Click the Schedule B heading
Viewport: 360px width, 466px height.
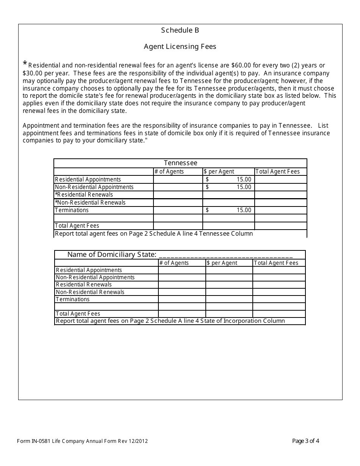click(180, 30)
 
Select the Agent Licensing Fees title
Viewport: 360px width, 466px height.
click(180, 47)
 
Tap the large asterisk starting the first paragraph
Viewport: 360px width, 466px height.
click(25, 64)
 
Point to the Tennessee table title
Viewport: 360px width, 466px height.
click(180, 163)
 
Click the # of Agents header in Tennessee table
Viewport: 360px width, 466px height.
click(169, 172)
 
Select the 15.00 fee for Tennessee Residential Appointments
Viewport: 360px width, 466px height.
click(244, 179)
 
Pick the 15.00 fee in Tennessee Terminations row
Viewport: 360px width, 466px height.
click(244, 210)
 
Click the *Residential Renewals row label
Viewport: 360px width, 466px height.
click(84, 195)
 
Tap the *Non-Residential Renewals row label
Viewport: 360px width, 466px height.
click(90, 203)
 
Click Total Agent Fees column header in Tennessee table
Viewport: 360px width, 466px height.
click(277, 172)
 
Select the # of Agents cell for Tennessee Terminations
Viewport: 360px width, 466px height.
click(178, 210)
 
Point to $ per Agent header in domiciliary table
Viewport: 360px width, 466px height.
click(222, 263)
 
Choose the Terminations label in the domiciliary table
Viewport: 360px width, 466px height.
click(73, 299)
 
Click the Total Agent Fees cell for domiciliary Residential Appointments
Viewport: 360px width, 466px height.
click(279, 270)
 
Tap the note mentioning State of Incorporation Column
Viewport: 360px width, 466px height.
click(170, 321)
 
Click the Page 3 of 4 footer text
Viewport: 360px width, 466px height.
click(306, 441)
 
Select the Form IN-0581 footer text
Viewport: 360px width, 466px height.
click(82, 441)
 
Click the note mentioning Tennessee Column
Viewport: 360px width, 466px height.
click(154, 234)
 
